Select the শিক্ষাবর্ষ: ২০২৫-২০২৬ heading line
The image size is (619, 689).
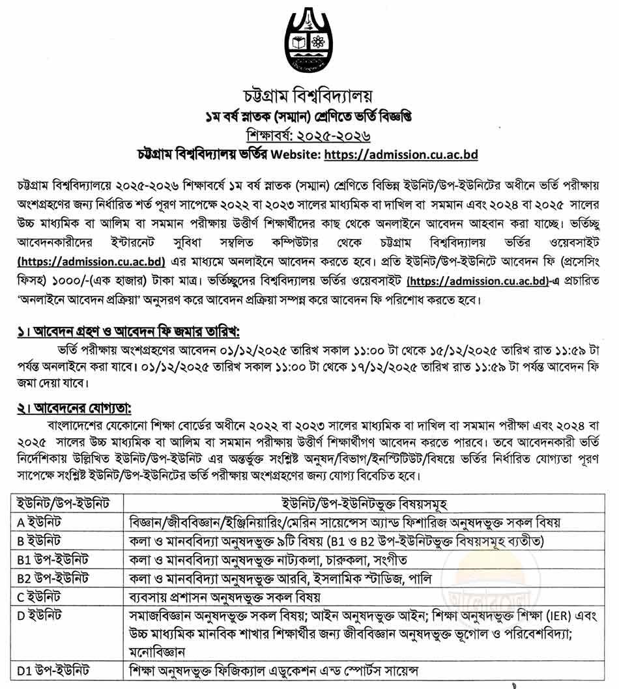[309, 136]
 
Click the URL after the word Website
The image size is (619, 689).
[401, 155]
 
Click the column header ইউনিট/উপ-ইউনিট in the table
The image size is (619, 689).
[63, 503]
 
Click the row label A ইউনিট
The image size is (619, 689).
[39, 522]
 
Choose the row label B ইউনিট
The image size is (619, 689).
[39, 541]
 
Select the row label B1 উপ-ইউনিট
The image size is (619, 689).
[53, 559]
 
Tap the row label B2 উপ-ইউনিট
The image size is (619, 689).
[53, 578]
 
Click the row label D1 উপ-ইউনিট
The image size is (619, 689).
[53, 670]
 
